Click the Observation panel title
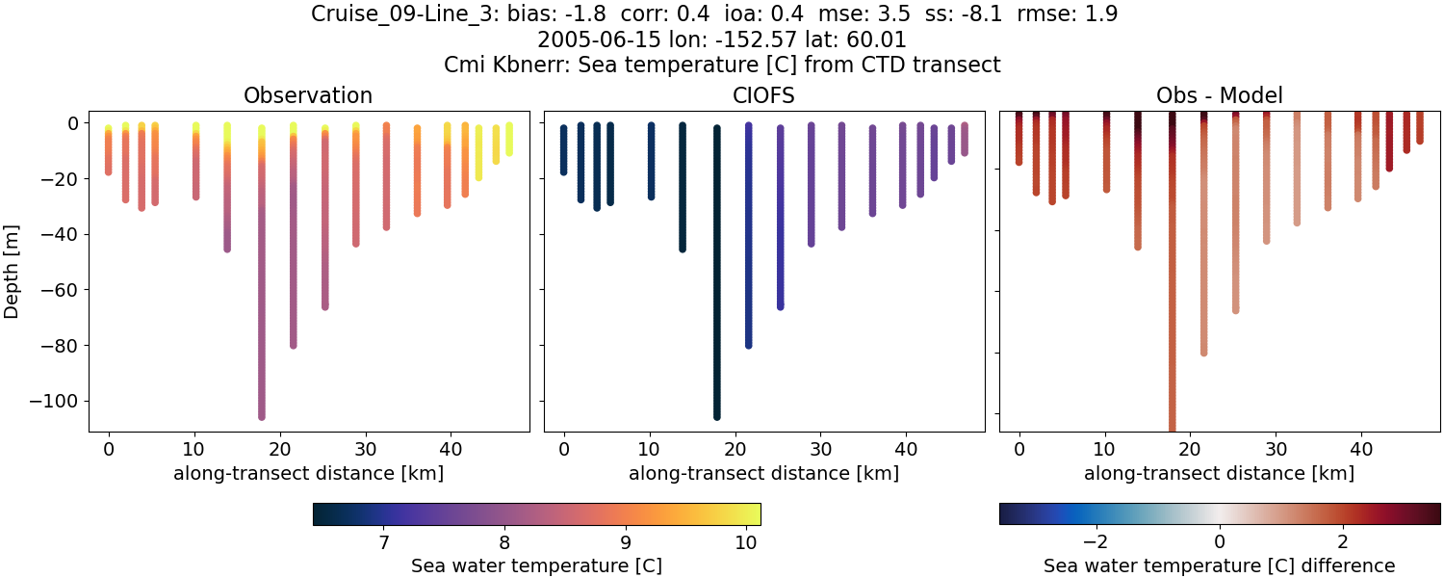coord(308,95)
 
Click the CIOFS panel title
coord(763,95)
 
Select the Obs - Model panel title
coord(1219,95)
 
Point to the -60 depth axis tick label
coord(61,290)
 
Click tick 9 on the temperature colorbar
coord(625,542)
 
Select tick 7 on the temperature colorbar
coord(383,542)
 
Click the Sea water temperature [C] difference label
coord(1219,565)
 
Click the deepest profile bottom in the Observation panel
coord(261,416)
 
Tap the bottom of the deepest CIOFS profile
coord(716,416)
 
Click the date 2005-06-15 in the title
coord(593,39)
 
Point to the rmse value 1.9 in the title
coord(1100,14)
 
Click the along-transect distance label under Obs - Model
coord(1219,473)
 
